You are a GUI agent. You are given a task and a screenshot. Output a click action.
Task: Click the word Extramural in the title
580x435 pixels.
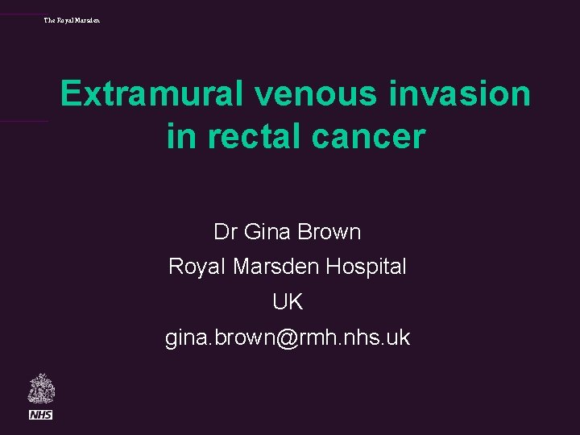(x=151, y=94)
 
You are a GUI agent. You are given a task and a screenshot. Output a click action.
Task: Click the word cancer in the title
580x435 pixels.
(x=373, y=136)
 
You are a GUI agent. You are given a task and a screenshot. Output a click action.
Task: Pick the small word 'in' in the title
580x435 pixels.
(x=180, y=136)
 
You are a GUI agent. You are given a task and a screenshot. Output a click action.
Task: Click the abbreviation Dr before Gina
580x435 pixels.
(x=225, y=232)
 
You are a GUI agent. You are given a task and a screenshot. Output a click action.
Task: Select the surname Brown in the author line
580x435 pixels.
(x=329, y=232)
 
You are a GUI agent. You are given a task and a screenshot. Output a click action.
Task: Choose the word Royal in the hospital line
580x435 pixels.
(x=197, y=266)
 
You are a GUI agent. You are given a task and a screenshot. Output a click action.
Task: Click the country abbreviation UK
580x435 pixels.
(x=288, y=302)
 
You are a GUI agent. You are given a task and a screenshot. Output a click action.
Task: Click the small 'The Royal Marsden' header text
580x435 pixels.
(x=72, y=19)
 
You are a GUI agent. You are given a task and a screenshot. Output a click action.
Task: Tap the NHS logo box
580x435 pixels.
(x=40, y=414)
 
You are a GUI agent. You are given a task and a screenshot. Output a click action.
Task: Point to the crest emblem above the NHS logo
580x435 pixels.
(x=40, y=389)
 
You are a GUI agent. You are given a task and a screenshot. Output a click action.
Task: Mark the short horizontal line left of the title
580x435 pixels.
(x=24, y=122)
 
